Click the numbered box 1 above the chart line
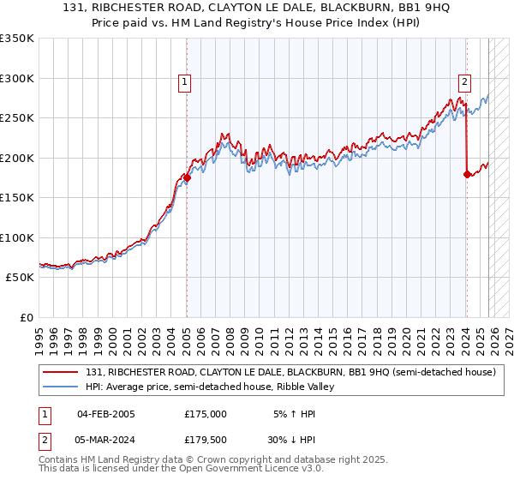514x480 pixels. tap(185, 82)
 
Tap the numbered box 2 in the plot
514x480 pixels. tap(464, 82)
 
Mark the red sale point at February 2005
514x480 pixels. tap(187, 177)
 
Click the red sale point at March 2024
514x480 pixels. tap(467, 174)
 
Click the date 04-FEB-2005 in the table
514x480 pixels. tap(105, 413)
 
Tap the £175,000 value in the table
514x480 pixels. tap(205, 413)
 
